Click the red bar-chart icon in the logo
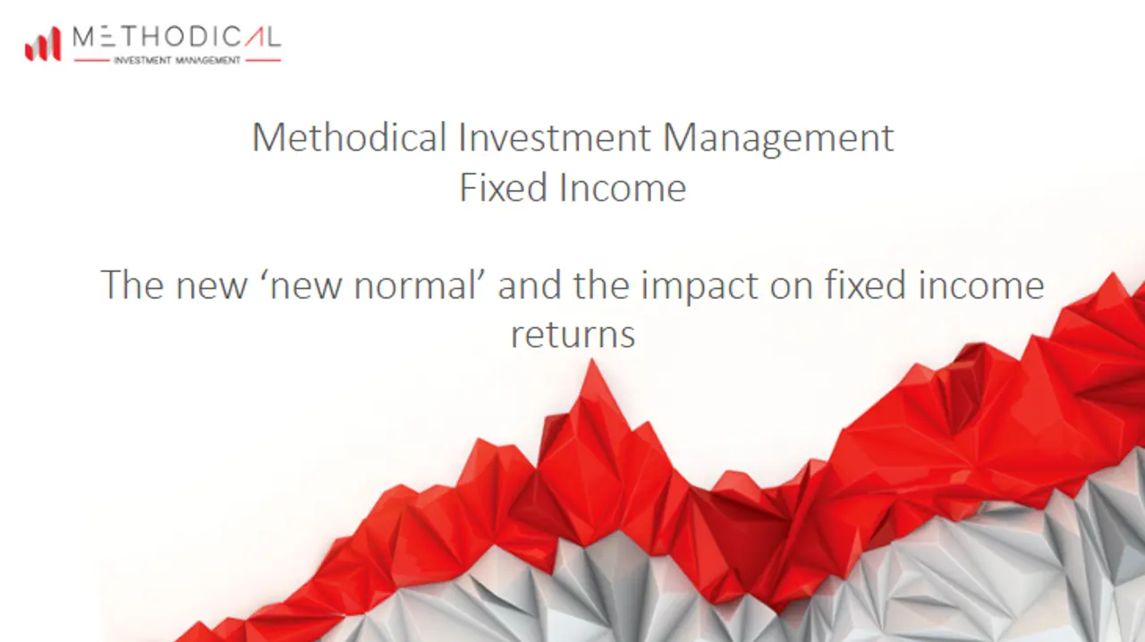click(x=43, y=44)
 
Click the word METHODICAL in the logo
click(x=177, y=37)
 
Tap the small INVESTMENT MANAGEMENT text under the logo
click(x=177, y=60)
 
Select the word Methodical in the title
click(x=350, y=137)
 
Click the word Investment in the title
click(x=555, y=137)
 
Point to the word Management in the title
click(x=778, y=139)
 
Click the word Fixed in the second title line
click(x=504, y=187)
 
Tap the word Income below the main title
click(x=623, y=187)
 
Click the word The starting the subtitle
click(x=131, y=285)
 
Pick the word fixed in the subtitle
click(x=865, y=285)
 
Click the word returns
click(x=573, y=335)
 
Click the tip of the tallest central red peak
click(x=592, y=359)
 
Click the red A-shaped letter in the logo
click(x=254, y=37)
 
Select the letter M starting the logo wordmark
click(x=83, y=37)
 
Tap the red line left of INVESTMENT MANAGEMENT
click(x=92, y=60)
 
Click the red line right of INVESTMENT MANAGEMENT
click(x=263, y=60)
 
